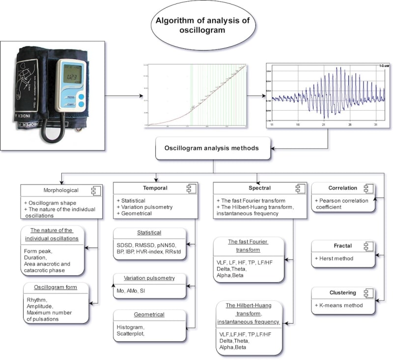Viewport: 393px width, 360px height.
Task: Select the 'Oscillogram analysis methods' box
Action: point(213,148)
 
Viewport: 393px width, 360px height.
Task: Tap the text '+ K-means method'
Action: point(338,305)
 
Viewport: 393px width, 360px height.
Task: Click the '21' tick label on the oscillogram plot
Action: point(324,125)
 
